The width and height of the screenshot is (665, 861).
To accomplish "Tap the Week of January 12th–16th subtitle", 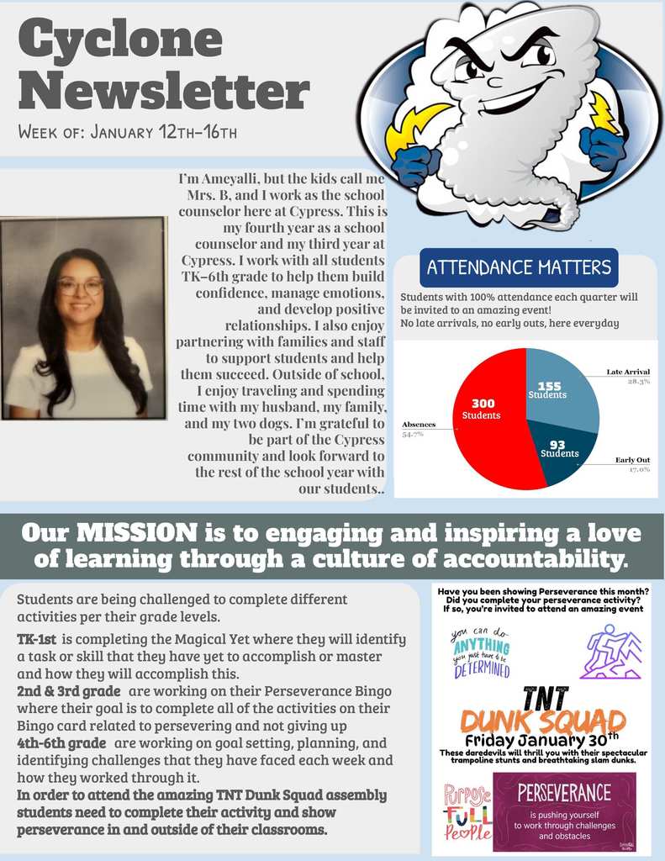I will (127, 132).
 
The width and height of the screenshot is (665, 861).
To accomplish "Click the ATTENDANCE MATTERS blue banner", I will (518, 268).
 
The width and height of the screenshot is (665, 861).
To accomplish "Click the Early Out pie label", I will (631, 461).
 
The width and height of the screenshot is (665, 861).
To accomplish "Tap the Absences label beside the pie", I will (419, 425).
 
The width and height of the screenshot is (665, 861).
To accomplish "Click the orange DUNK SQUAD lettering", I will (542, 721).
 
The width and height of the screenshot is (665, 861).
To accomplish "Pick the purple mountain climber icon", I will (610, 652).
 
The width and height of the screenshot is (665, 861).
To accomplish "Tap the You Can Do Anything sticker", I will (480, 653).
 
